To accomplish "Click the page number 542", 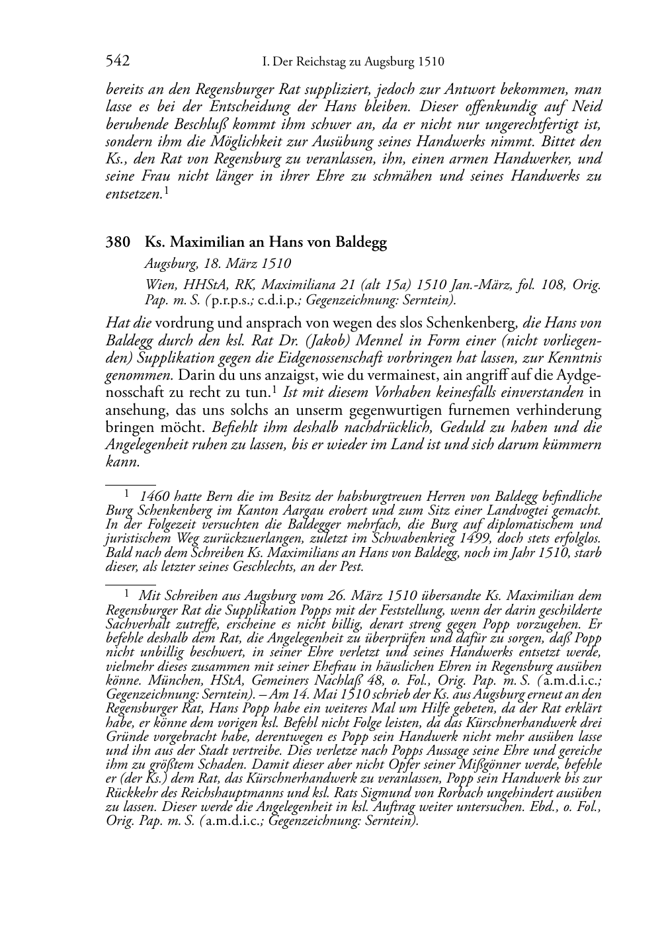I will click(117, 62).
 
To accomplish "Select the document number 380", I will click(118, 242).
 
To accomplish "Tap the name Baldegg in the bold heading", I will click(363, 242).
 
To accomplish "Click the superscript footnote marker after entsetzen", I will click(167, 191).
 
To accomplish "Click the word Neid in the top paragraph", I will click(587, 107).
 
